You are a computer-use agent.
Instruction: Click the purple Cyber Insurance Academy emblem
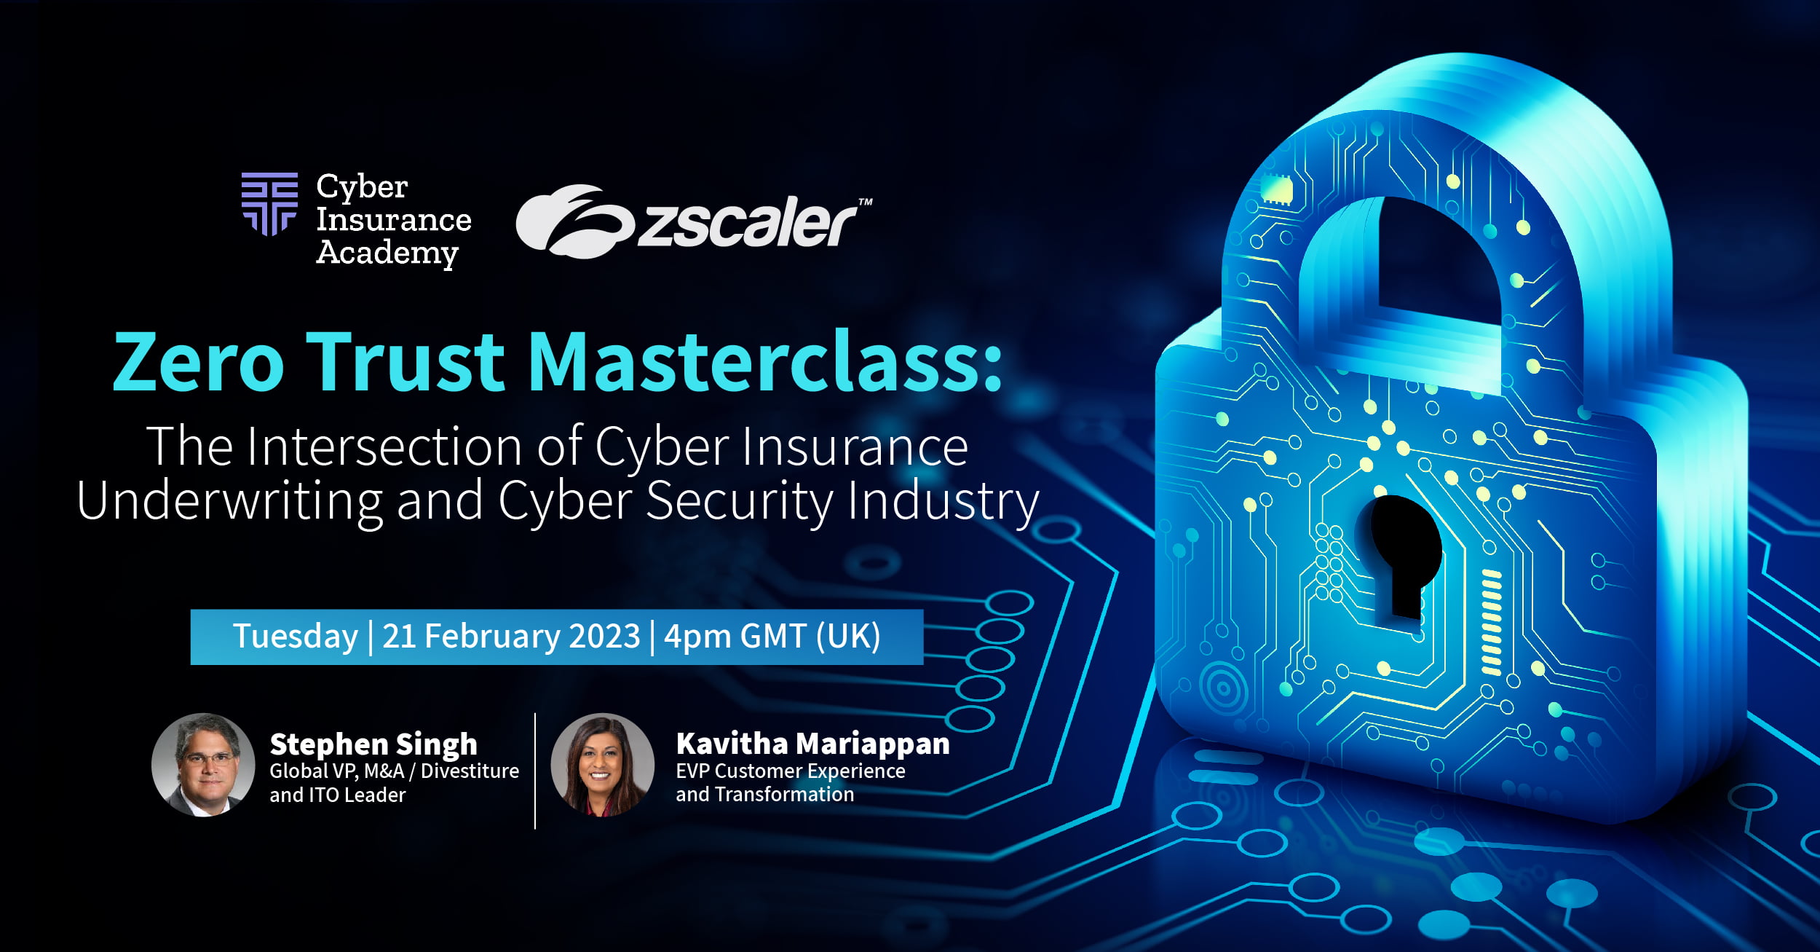coord(269,204)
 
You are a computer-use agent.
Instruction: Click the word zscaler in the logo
coord(747,221)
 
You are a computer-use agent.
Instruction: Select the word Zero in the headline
coord(198,362)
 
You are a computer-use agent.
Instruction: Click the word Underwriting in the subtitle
coord(229,502)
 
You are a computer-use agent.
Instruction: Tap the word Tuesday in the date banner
coord(296,637)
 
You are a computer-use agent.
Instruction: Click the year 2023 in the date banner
coord(604,636)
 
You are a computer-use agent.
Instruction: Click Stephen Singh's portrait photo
coord(203,765)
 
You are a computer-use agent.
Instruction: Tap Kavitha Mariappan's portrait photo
coord(603,765)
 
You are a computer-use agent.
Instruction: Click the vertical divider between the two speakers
coord(535,771)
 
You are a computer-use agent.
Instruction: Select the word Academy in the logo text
coord(387,253)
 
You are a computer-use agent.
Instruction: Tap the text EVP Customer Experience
coord(791,771)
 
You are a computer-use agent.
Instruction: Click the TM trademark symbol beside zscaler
coord(865,202)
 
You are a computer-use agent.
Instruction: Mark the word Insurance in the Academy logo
coord(394,220)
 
